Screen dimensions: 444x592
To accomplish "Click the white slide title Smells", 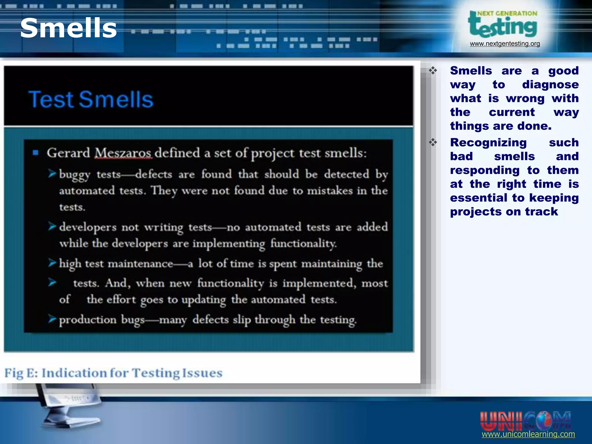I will (x=69, y=28).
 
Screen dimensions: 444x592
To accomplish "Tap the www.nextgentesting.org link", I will (x=505, y=44).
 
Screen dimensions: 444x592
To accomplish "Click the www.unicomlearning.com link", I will (x=528, y=434).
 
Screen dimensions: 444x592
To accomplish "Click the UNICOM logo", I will (x=525, y=421).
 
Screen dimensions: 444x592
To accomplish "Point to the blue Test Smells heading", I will (x=91, y=99).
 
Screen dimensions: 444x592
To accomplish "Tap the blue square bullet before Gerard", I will (x=36, y=153).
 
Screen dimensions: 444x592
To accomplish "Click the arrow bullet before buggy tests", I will (x=52, y=174).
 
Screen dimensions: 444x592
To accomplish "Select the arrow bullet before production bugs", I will (x=52, y=319).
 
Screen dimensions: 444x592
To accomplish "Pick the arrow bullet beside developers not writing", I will (x=52, y=227).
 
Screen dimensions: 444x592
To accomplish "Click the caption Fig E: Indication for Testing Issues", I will (x=113, y=373).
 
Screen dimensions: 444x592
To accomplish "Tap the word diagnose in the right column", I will (x=550, y=85).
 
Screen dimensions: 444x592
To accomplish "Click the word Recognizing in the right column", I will (x=488, y=143).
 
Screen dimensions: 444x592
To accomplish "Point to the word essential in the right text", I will (x=478, y=198).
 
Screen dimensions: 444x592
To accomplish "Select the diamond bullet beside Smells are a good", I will (x=433, y=70).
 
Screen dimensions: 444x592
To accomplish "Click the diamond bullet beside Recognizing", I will (x=433, y=142).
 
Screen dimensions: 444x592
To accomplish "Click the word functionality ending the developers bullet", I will (x=304, y=244).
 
